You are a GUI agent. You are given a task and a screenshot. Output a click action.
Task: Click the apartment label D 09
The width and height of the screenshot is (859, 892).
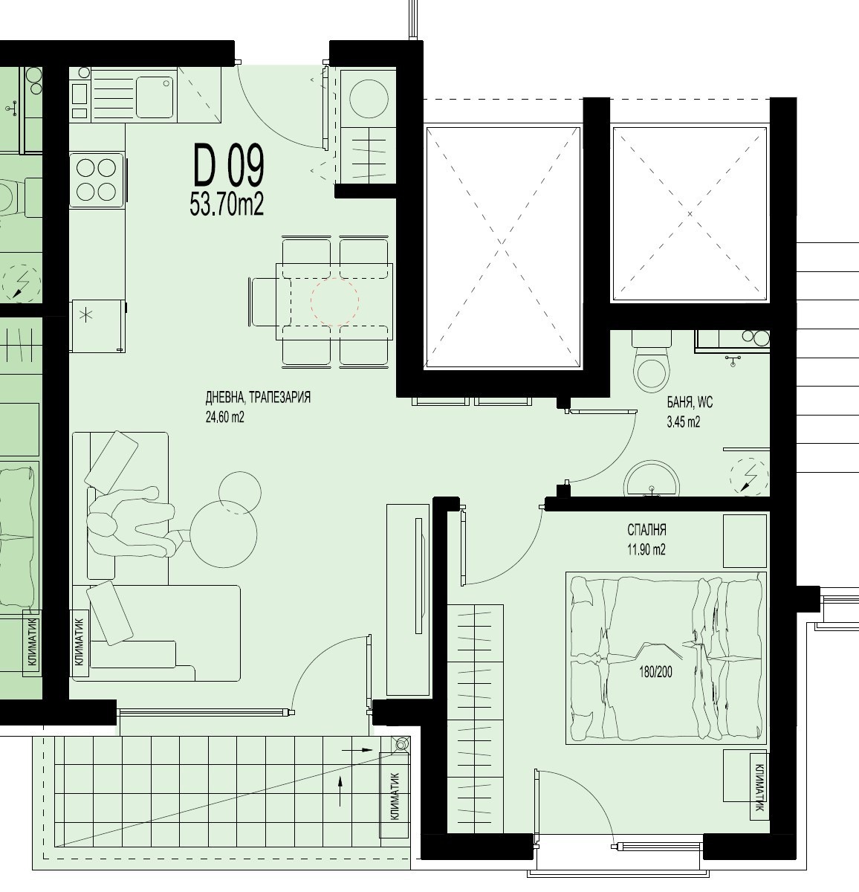pyautogui.click(x=229, y=165)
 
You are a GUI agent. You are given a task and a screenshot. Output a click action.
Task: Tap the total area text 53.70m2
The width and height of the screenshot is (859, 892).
pyautogui.click(x=227, y=204)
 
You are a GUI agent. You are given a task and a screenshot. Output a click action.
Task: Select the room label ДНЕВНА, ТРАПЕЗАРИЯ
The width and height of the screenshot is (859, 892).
pyautogui.click(x=258, y=398)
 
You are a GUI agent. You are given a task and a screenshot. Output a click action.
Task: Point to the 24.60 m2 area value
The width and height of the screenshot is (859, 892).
pyautogui.click(x=224, y=418)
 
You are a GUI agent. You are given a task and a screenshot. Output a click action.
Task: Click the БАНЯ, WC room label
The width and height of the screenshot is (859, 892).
pyautogui.click(x=690, y=403)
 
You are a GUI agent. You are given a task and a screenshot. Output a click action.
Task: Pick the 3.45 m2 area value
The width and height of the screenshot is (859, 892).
pyautogui.click(x=684, y=422)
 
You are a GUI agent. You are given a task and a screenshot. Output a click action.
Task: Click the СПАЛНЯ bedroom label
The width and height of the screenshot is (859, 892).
pyautogui.click(x=647, y=530)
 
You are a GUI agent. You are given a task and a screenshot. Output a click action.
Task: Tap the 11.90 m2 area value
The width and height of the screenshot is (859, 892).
pyautogui.click(x=646, y=549)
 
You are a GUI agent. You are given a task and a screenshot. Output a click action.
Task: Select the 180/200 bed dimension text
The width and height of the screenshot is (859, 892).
pyautogui.click(x=655, y=673)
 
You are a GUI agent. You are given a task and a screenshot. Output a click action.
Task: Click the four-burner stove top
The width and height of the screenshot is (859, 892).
pyautogui.click(x=96, y=180)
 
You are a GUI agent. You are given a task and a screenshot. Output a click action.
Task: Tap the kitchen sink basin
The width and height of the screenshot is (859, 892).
pyautogui.click(x=155, y=95)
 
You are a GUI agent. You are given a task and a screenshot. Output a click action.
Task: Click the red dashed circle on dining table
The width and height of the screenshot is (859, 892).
pyautogui.click(x=334, y=301)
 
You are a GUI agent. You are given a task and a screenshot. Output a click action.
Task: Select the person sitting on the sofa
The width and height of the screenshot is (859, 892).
pyautogui.click(x=132, y=522)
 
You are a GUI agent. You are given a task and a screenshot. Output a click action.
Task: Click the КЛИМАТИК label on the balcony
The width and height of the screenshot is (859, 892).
pyautogui.click(x=395, y=796)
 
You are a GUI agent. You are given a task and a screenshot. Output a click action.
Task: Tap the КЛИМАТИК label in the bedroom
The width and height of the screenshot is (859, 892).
pyautogui.click(x=759, y=787)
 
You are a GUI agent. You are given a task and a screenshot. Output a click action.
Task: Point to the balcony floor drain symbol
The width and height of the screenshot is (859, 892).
pyautogui.click(x=401, y=744)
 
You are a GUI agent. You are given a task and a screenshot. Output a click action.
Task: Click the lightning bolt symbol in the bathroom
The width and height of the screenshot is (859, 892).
pyautogui.click(x=750, y=477)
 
